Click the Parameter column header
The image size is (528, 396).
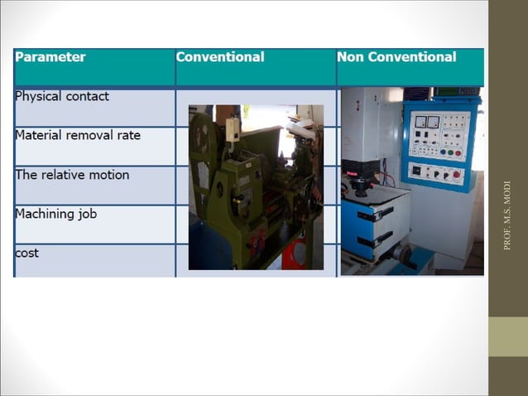coord(50,57)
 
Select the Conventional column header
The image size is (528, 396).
coord(220,57)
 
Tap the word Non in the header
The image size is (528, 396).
coord(351,57)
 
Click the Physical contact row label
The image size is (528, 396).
coord(62,96)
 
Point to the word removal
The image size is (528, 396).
coord(96,135)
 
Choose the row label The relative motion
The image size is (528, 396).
coord(72,175)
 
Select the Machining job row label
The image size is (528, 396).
coord(56,214)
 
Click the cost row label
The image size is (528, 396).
coord(27,253)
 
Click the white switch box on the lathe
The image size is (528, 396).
coord(233,129)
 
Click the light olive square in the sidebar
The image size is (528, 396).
coord(507,336)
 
